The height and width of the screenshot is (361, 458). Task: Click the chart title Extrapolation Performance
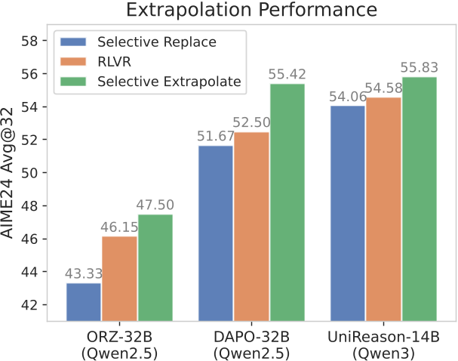252,11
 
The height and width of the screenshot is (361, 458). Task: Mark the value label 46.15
120,228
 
